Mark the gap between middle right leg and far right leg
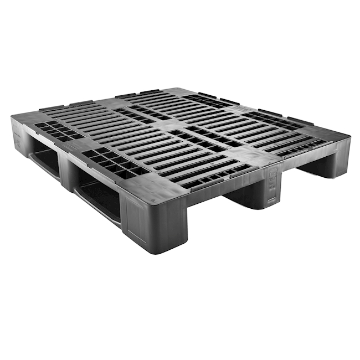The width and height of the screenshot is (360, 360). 302,174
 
